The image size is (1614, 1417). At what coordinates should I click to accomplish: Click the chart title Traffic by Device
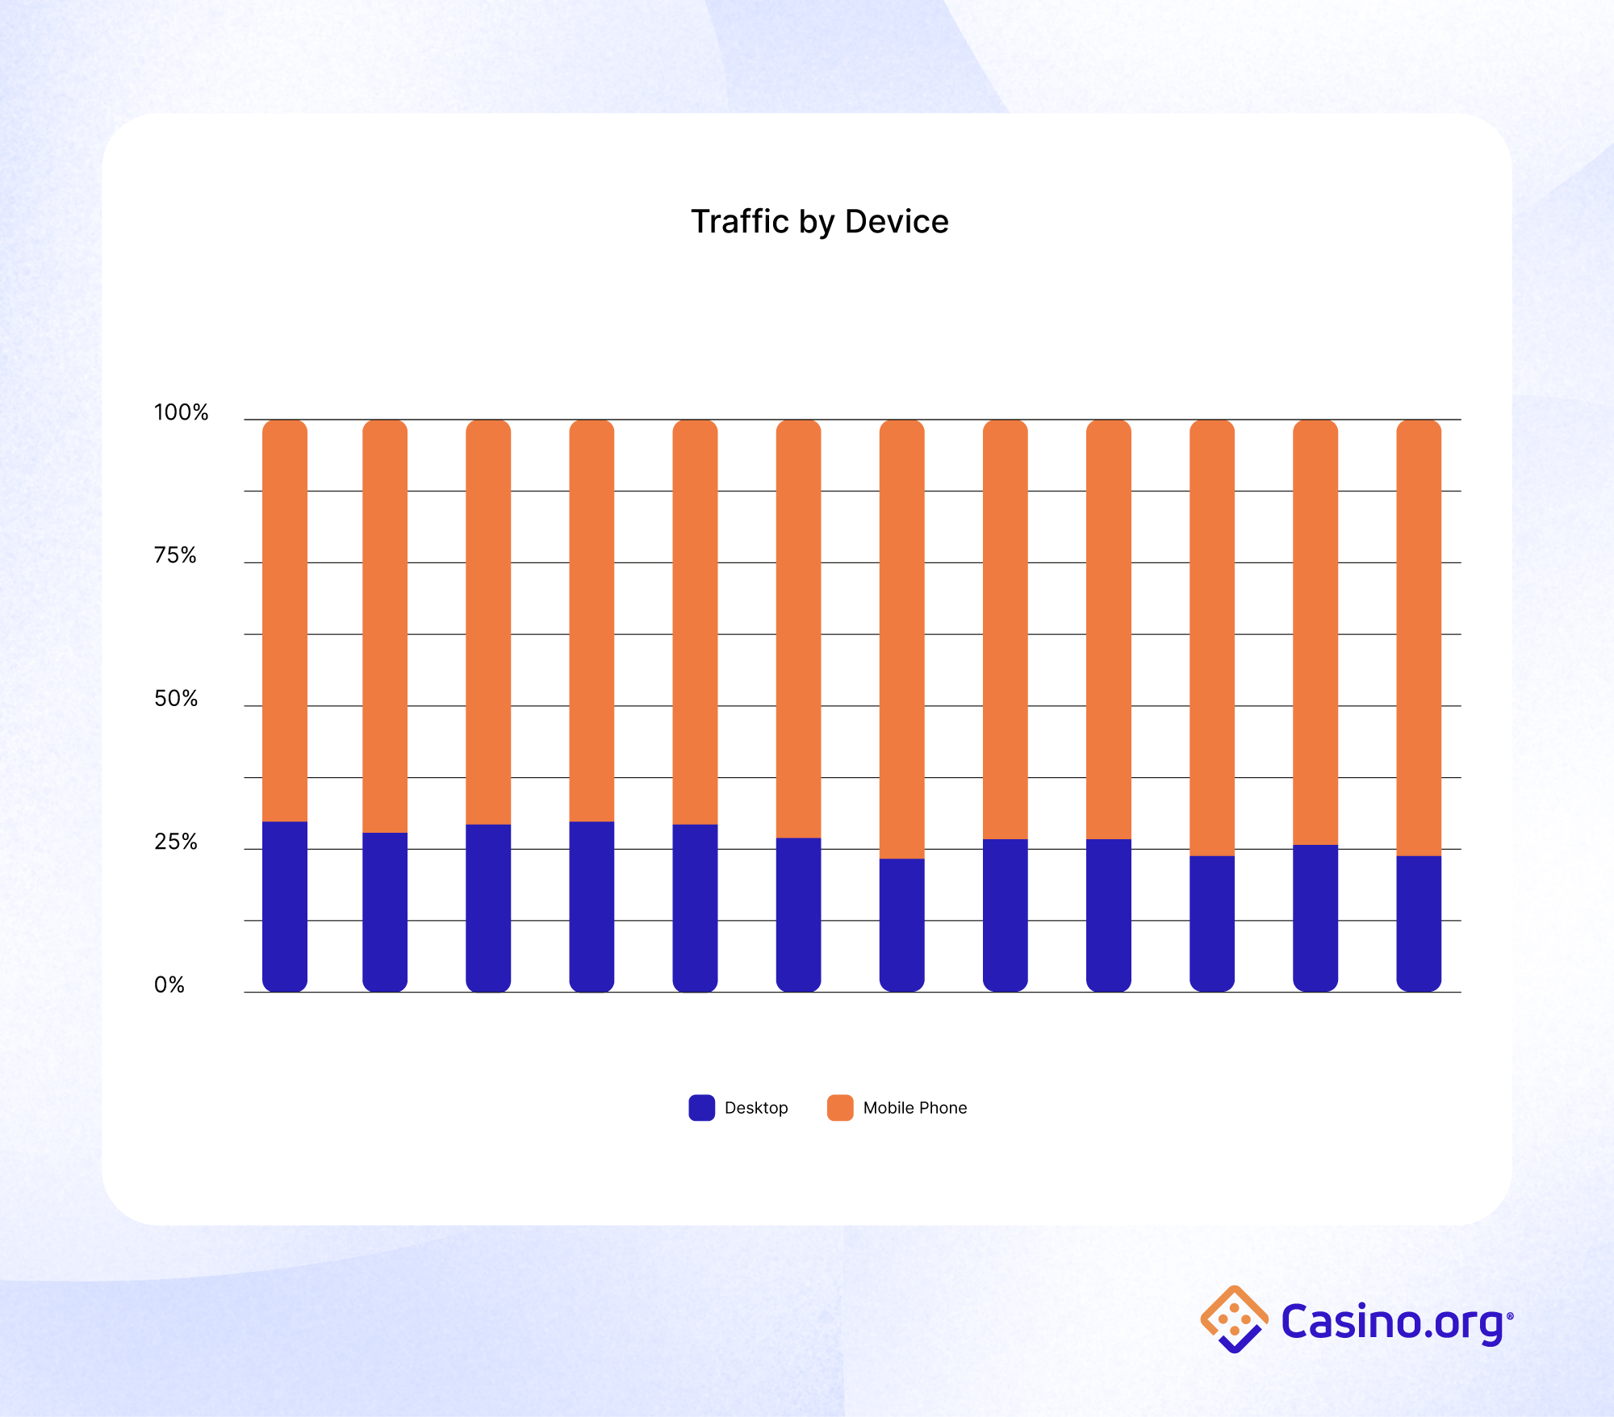[x=819, y=222]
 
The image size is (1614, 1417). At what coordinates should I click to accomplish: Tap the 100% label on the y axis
[x=181, y=412]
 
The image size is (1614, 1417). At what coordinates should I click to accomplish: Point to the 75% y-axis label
[x=175, y=555]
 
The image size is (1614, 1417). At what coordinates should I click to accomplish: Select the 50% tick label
[x=176, y=698]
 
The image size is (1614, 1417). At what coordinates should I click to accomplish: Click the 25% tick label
[x=176, y=842]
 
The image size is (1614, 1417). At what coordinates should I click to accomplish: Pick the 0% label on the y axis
[x=169, y=984]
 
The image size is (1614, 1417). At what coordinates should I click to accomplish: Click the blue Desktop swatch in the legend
[x=701, y=1107]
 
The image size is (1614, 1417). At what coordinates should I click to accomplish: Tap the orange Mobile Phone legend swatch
[x=840, y=1107]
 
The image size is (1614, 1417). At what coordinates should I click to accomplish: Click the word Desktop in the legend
[x=756, y=1108]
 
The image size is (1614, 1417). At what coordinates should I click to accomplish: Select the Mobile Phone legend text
[x=914, y=1108]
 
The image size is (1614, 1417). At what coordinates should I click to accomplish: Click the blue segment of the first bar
[x=285, y=906]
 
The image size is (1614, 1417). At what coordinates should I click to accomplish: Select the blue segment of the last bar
[x=1419, y=923]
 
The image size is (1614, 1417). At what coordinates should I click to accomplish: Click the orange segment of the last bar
[x=1419, y=637]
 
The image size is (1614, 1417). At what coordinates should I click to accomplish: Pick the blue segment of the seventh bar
[x=901, y=925]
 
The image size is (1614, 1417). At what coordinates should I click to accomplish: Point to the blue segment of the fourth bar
[x=592, y=906]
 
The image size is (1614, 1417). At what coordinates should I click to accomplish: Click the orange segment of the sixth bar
[x=798, y=629]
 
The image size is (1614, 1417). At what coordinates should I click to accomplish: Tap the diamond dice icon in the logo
[x=1234, y=1319]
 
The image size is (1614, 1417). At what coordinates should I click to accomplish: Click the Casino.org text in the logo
[x=1392, y=1322]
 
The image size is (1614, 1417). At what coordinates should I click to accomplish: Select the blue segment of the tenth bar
[x=1212, y=923]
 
